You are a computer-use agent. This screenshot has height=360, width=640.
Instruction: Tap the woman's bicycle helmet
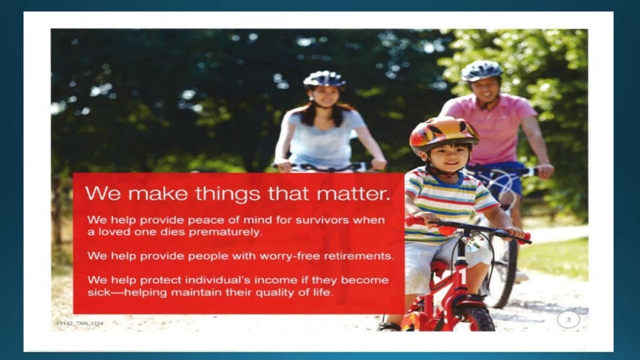tap(324, 79)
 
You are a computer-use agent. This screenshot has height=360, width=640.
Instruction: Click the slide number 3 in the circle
tap(568, 320)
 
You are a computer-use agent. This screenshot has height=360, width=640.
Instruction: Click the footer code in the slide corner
tap(79, 323)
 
